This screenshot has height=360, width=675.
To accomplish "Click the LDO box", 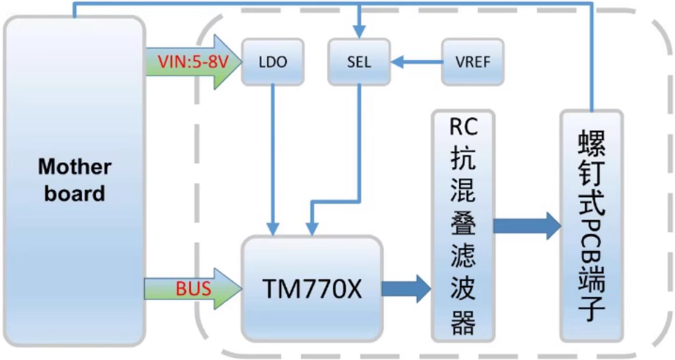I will tap(271, 62).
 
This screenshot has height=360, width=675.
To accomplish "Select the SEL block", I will tap(359, 62).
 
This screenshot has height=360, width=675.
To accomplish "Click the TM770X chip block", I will tap(311, 288).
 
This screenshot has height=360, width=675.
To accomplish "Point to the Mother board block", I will tap(74, 180).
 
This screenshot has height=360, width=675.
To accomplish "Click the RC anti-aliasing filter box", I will tap(462, 224).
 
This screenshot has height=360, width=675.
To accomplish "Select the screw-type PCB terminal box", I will tap(591, 224).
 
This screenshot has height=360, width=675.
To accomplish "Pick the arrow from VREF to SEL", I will tap(416, 62).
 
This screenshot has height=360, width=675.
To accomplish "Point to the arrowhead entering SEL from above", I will tap(359, 31).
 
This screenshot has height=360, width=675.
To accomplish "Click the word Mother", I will tap(74, 167).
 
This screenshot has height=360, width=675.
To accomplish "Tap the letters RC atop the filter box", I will tap(462, 127).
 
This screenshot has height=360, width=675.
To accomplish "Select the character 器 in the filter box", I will tap(462, 322).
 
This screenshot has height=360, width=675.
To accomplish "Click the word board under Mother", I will tap(74, 193).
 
